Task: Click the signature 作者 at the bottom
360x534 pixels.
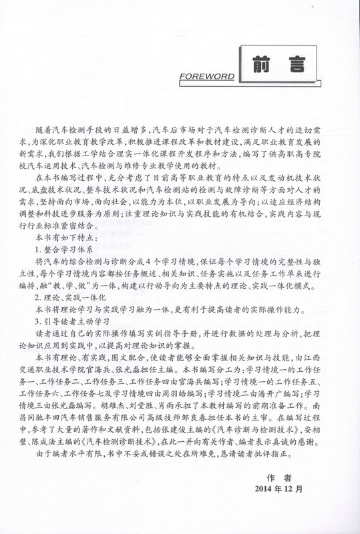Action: coord(275,477)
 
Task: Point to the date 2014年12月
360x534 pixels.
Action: coord(275,488)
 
